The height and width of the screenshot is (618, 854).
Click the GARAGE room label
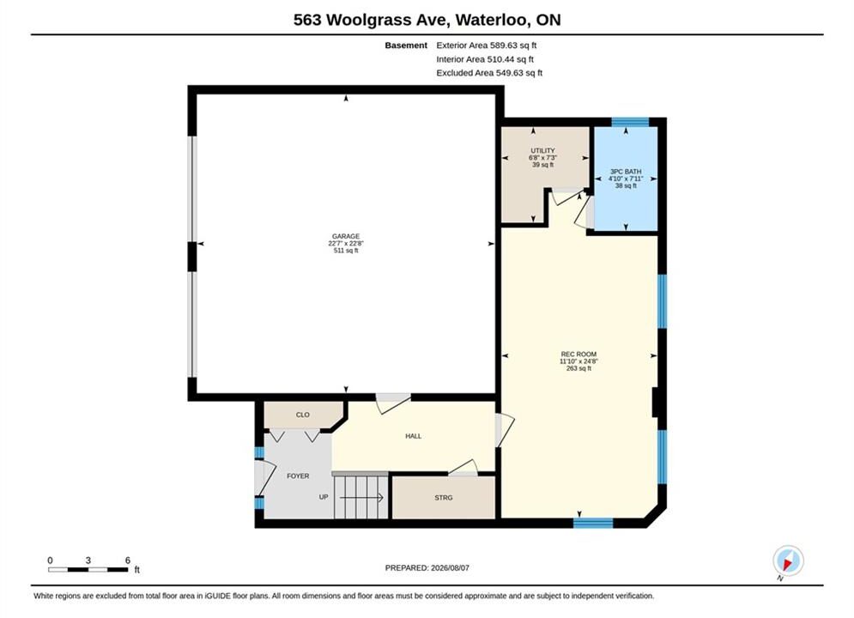(x=346, y=236)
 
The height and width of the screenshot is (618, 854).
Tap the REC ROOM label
(x=578, y=354)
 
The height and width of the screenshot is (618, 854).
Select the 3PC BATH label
(x=626, y=172)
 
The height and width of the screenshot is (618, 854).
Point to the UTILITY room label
(x=543, y=151)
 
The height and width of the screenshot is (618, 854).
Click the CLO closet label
(x=303, y=415)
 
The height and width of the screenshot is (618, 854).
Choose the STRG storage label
(x=444, y=498)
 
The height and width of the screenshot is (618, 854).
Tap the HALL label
(x=414, y=436)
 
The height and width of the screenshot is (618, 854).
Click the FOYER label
(x=298, y=476)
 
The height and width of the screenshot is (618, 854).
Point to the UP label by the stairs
(x=324, y=497)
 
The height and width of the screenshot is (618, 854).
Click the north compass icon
(x=788, y=560)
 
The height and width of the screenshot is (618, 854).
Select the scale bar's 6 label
(x=127, y=560)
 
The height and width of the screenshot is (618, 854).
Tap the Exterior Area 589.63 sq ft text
(x=487, y=45)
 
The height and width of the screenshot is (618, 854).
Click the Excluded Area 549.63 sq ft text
(x=489, y=72)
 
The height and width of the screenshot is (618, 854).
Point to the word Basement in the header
(x=406, y=45)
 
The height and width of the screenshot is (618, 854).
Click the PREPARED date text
(x=427, y=568)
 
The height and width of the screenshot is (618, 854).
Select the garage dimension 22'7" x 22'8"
(x=346, y=244)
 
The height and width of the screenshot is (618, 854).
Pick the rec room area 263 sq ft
(x=578, y=368)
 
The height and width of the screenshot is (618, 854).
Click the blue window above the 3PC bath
(x=630, y=122)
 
